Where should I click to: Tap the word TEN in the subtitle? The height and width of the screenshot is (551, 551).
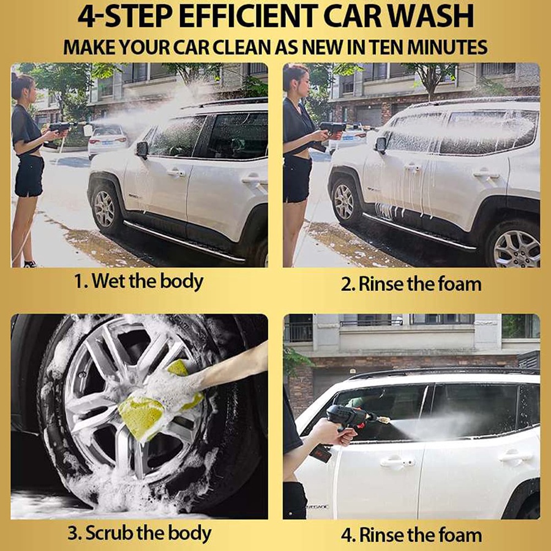384,47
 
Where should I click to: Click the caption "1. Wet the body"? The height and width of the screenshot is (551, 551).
139,282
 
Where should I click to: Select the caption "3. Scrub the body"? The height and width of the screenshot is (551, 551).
139,533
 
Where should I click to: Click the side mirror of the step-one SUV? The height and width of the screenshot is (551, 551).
142,149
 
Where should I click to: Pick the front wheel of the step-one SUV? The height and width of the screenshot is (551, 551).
103,208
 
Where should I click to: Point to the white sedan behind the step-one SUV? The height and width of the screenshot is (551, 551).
107,140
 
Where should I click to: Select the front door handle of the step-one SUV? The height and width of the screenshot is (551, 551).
176,173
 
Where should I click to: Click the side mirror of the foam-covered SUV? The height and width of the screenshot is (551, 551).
381,144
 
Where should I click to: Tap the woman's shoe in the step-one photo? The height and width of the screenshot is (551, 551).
30,264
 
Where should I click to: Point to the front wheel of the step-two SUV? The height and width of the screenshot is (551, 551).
344,201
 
